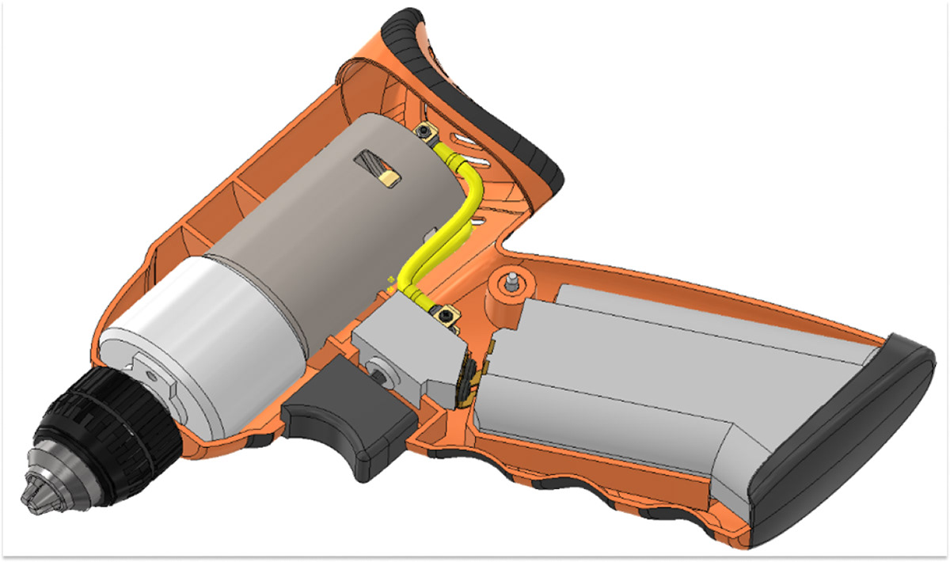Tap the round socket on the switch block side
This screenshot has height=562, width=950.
tap(382, 371)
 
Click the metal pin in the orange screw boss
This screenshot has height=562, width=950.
tap(513, 279)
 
